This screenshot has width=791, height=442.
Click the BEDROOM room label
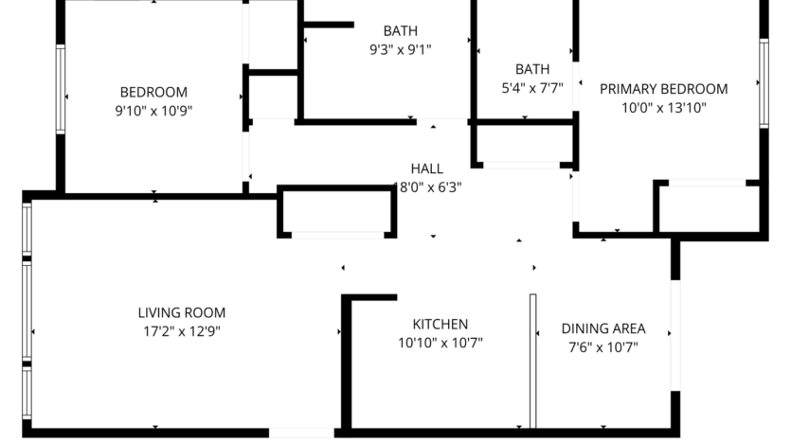click(153, 92)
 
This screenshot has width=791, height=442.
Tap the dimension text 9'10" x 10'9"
click(153, 110)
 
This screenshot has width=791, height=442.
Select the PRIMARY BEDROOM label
click(663, 89)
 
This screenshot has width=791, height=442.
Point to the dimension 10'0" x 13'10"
click(663, 107)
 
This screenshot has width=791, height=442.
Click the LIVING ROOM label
click(182, 312)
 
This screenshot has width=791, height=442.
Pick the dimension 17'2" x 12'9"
click(182, 330)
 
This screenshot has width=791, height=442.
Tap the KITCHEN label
click(440, 324)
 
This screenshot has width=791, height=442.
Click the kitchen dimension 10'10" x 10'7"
click(440, 343)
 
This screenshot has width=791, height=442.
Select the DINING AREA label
click(603, 328)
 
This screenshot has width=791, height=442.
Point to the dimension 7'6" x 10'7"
click(603, 347)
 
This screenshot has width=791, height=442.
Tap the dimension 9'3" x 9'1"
click(400, 49)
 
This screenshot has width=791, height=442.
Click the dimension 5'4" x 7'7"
click(531, 88)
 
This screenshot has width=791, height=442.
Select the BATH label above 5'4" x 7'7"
click(531, 69)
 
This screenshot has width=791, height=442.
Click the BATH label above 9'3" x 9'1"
click(400, 30)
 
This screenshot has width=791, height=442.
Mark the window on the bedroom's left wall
click(61, 91)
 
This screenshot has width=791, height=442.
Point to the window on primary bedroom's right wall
click(763, 83)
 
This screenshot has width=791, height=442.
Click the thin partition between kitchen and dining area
click(532, 360)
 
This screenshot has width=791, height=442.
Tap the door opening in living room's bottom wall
click(300, 433)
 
